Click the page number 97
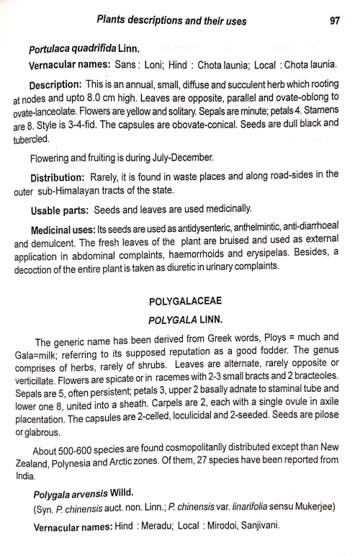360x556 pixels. (333, 22)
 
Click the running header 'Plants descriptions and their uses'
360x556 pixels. (173, 22)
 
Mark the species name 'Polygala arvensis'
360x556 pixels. (78, 496)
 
